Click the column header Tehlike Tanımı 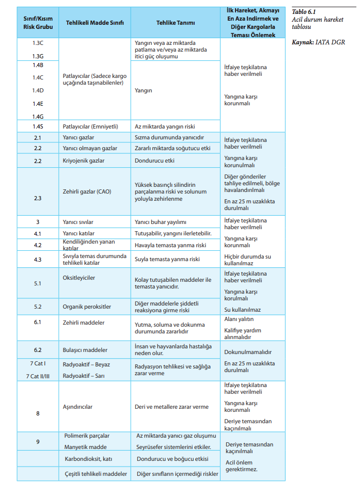pos(175,23)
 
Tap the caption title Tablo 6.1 pos(304,11)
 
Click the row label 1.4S pos(38,126)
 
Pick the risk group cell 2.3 pos(38,198)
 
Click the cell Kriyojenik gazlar pos(83,161)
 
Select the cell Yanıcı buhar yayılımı pos(160,222)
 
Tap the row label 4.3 pos(38,260)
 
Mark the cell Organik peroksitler pos(87,307)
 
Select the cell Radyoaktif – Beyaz pos(86,364)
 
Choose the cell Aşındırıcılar pos(77,407)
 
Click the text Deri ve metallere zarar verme pos(171,407)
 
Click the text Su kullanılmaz pos(242,310)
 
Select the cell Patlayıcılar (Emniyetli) pos(90,126)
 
